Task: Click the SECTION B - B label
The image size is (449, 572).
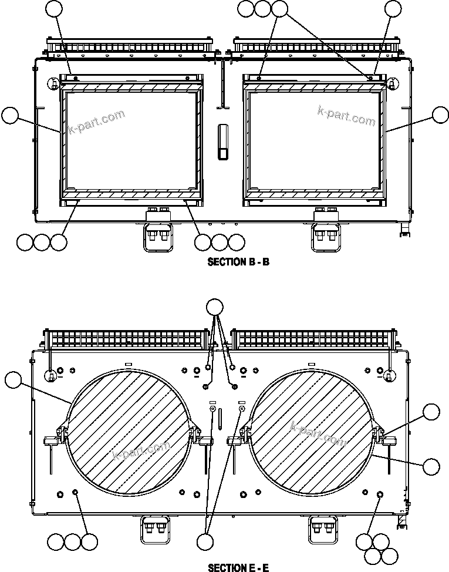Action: [238, 262]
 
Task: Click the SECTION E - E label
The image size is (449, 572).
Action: [238, 567]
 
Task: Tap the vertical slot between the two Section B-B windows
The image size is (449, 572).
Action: [223, 142]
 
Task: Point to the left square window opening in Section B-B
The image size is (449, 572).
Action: [132, 141]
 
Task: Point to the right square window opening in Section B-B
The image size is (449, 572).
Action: [315, 141]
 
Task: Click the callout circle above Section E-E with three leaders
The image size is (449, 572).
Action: [215, 307]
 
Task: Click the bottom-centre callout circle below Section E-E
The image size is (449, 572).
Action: [207, 541]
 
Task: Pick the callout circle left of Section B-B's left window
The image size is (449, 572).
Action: [10, 116]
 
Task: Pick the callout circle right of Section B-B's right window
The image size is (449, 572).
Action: [440, 116]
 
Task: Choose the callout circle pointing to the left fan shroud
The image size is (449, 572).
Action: [12, 380]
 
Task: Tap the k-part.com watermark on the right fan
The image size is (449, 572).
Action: [319, 433]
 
